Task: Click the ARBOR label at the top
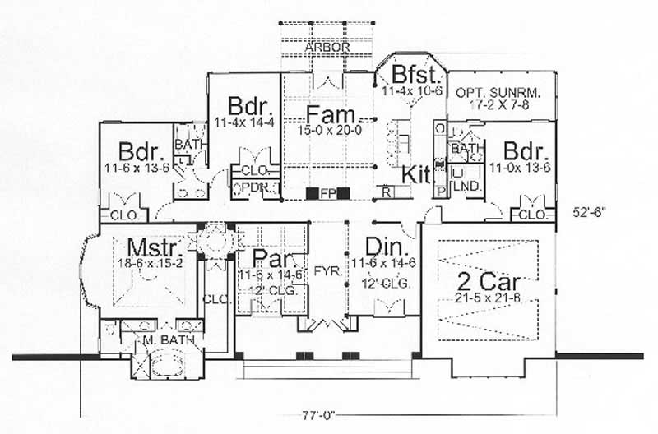click(329, 48)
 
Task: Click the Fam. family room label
click(329, 113)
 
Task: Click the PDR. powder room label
click(247, 187)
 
